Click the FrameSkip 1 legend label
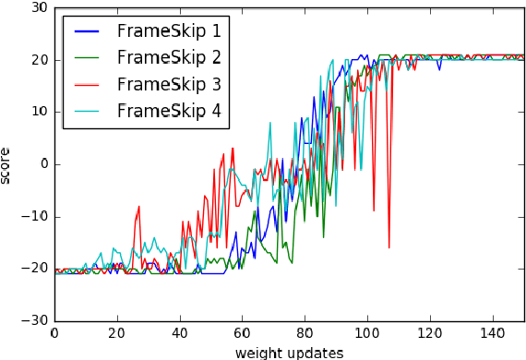point(169,30)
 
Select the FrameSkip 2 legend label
point(169,57)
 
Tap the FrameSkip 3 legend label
point(169,84)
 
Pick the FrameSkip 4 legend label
point(169,111)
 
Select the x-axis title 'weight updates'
point(289,352)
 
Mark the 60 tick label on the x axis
point(243,333)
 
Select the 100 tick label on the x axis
point(368,333)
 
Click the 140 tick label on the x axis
point(494,333)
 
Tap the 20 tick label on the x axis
point(117,333)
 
